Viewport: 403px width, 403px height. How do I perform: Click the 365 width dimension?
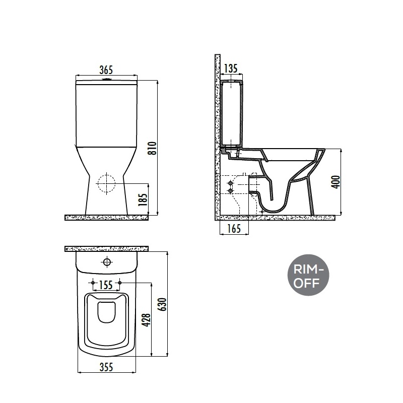click(x=106, y=70)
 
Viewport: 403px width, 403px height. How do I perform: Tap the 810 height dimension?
click(x=153, y=148)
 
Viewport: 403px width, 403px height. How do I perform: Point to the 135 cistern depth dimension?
click(x=231, y=69)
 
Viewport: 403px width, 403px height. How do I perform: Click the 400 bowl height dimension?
click(x=336, y=182)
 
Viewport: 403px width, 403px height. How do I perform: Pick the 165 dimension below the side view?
click(x=234, y=229)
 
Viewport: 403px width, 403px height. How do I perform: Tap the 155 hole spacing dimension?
click(x=106, y=285)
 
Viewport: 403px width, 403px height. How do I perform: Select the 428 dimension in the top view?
click(x=147, y=320)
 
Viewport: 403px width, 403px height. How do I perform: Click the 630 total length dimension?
click(x=163, y=304)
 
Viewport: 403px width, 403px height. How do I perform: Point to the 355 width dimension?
click(x=106, y=367)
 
